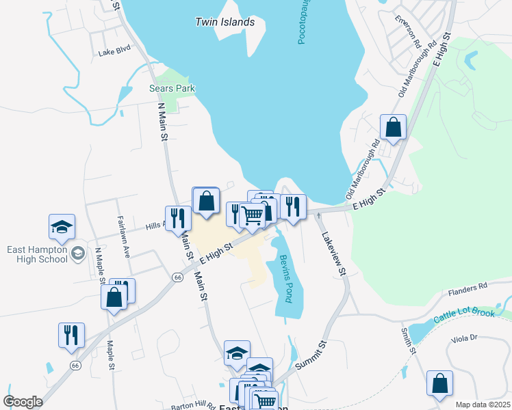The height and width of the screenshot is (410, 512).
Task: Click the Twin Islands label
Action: click(x=225, y=22)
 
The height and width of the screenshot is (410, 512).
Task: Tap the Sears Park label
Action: click(x=172, y=88)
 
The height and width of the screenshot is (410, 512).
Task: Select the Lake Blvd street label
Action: click(x=114, y=51)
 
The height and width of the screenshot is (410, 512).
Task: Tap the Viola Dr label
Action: click(x=463, y=338)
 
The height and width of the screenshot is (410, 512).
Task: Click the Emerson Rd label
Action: click(x=407, y=28)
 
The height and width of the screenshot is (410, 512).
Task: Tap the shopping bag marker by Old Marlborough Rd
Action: click(x=393, y=126)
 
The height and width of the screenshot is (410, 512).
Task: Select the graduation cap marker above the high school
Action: click(x=62, y=227)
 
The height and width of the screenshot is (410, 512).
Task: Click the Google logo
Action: click(x=23, y=402)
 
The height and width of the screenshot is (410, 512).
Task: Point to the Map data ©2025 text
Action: click(x=482, y=405)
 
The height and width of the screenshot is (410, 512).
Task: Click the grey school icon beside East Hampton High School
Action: click(x=77, y=254)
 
